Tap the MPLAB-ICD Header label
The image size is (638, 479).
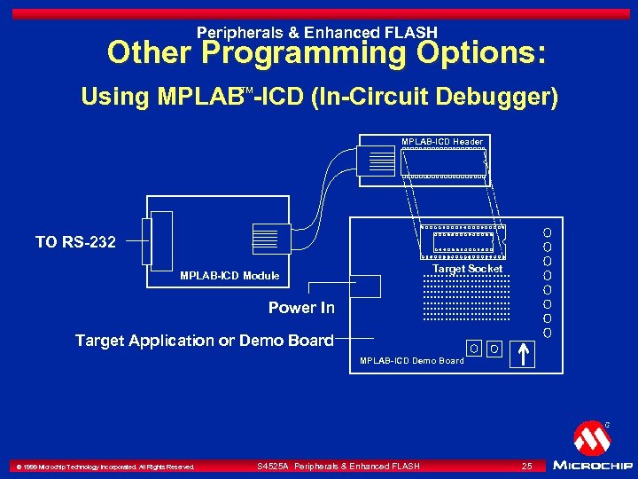point(442,142)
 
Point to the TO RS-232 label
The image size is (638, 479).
point(75,241)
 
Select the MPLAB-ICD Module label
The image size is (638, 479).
point(230,276)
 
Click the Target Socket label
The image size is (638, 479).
point(467,269)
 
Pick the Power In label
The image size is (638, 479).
point(301,308)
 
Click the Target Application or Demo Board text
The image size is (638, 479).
point(205,341)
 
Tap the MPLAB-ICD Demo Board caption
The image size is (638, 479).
point(411,361)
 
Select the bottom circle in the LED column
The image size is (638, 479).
point(548,333)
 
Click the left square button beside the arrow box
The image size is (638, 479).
point(475,349)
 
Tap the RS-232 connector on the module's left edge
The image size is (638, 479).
point(162,240)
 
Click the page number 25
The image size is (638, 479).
point(526,466)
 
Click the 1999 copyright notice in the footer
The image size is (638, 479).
point(104,467)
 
